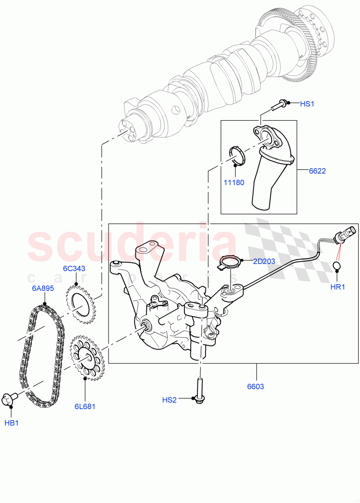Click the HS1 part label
(307, 104)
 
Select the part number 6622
(317, 171)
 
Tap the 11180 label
(234, 183)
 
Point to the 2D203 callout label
(264, 262)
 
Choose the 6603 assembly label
(255, 386)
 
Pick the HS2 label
(170, 400)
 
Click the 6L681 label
(85, 406)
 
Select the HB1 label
(11, 423)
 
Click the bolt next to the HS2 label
(198, 389)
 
